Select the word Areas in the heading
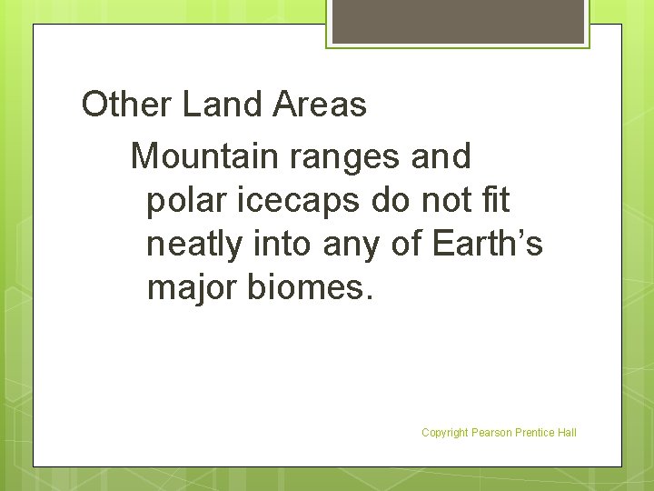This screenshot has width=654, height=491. point(319,105)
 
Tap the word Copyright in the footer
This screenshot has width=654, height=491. point(444,433)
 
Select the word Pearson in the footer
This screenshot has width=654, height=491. point(490,433)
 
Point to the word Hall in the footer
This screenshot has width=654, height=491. point(568,433)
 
